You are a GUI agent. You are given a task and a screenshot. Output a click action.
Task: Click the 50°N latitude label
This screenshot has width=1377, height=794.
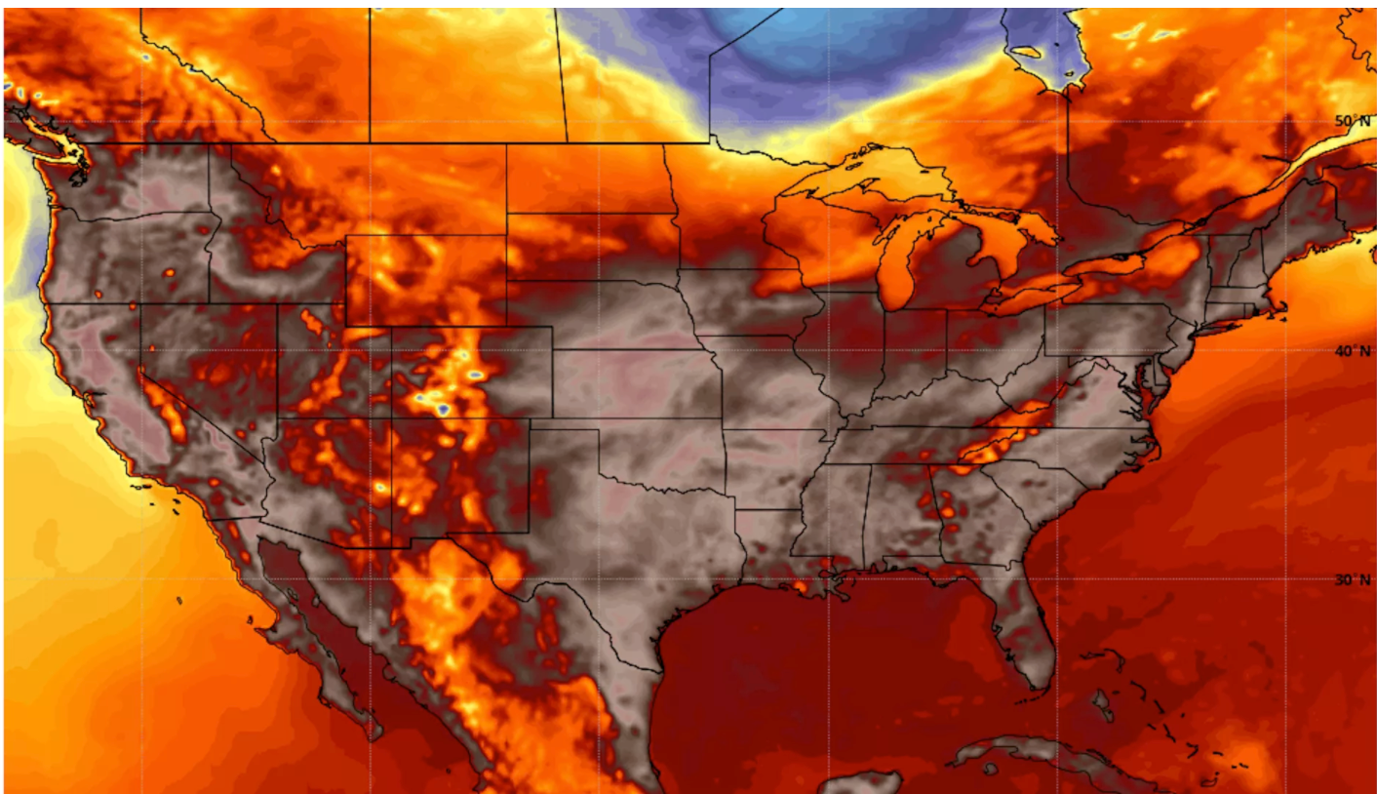1352,121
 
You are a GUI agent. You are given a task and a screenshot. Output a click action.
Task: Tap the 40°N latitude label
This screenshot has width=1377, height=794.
1352,351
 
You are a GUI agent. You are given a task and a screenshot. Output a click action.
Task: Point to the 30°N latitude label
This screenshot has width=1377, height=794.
1352,579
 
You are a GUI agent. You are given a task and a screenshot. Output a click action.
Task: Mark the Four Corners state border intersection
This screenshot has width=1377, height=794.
391,419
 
